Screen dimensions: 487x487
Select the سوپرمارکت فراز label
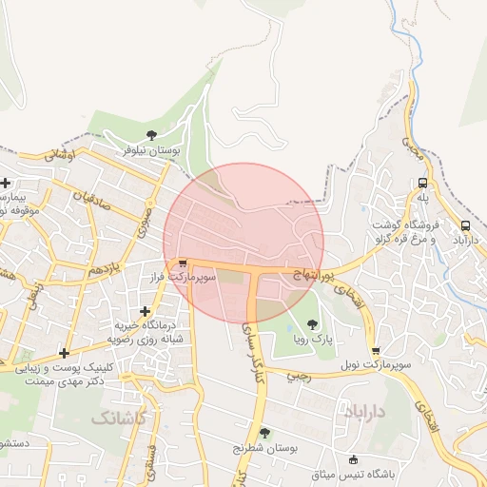click(183, 277)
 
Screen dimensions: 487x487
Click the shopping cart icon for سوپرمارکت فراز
click(183, 263)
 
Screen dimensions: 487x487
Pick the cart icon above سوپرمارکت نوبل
click(376, 351)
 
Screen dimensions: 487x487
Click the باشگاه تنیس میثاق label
click(355, 473)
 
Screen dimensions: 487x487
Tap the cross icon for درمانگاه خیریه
click(145, 311)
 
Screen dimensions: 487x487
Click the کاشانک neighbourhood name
click(120, 418)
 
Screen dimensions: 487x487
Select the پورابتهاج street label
click(313, 273)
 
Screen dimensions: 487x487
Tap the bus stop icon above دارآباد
click(466, 225)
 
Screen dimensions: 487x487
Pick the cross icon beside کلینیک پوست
click(64, 353)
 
